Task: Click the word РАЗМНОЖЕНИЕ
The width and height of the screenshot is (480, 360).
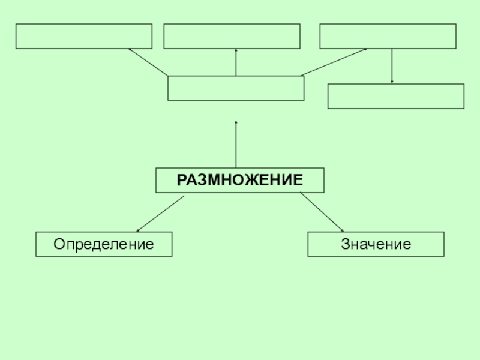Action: (239, 180)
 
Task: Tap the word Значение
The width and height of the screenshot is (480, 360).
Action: (376, 244)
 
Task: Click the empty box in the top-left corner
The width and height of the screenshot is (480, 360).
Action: (84, 36)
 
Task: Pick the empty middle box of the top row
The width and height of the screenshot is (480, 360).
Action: (232, 36)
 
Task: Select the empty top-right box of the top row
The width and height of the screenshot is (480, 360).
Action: (388, 36)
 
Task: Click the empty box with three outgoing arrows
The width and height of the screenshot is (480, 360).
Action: (236, 88)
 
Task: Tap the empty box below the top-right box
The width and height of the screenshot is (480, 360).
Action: (396, 96)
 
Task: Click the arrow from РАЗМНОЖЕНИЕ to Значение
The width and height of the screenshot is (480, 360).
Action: (322, 212)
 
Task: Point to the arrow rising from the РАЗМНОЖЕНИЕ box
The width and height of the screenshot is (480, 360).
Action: (236, 144)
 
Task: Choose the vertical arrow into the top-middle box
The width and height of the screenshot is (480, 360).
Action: (236, 62)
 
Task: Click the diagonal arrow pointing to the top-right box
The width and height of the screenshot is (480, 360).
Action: (334, 62)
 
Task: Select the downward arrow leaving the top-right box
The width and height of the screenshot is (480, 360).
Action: (392, 66)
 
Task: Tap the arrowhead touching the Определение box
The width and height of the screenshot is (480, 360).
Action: (138, 230)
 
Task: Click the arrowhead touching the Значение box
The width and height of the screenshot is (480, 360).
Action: (342, 230)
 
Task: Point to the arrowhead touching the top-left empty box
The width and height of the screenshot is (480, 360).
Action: (130, 50)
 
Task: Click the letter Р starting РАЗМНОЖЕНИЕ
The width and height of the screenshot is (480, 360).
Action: (181, 180)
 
